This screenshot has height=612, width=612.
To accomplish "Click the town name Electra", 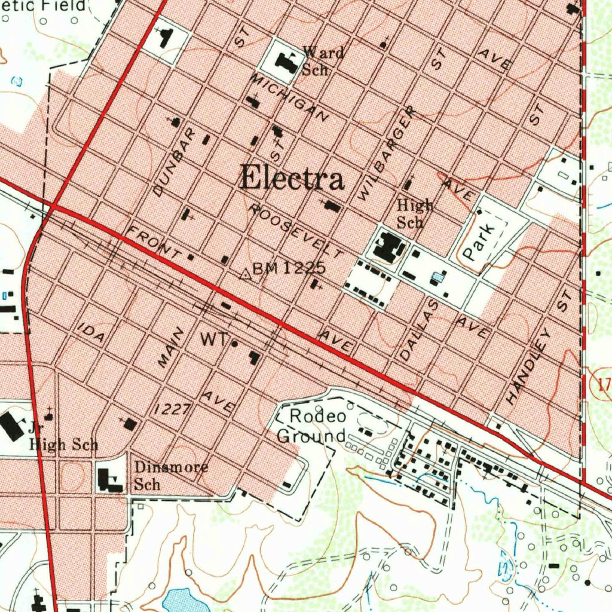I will [292, 178].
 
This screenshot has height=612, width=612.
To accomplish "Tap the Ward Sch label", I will [322, 61].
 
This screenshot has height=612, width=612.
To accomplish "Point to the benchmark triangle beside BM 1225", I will [244, 274].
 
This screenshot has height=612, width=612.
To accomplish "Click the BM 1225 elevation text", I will [289, 269].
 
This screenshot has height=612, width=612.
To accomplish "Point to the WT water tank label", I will [213, 340].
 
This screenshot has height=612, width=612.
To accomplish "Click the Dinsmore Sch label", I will [170, 475].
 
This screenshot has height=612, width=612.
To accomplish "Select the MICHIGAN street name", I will [290, 98].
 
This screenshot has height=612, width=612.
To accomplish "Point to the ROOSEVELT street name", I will [296, 231].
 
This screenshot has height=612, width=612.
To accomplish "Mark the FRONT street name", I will [154, 241].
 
